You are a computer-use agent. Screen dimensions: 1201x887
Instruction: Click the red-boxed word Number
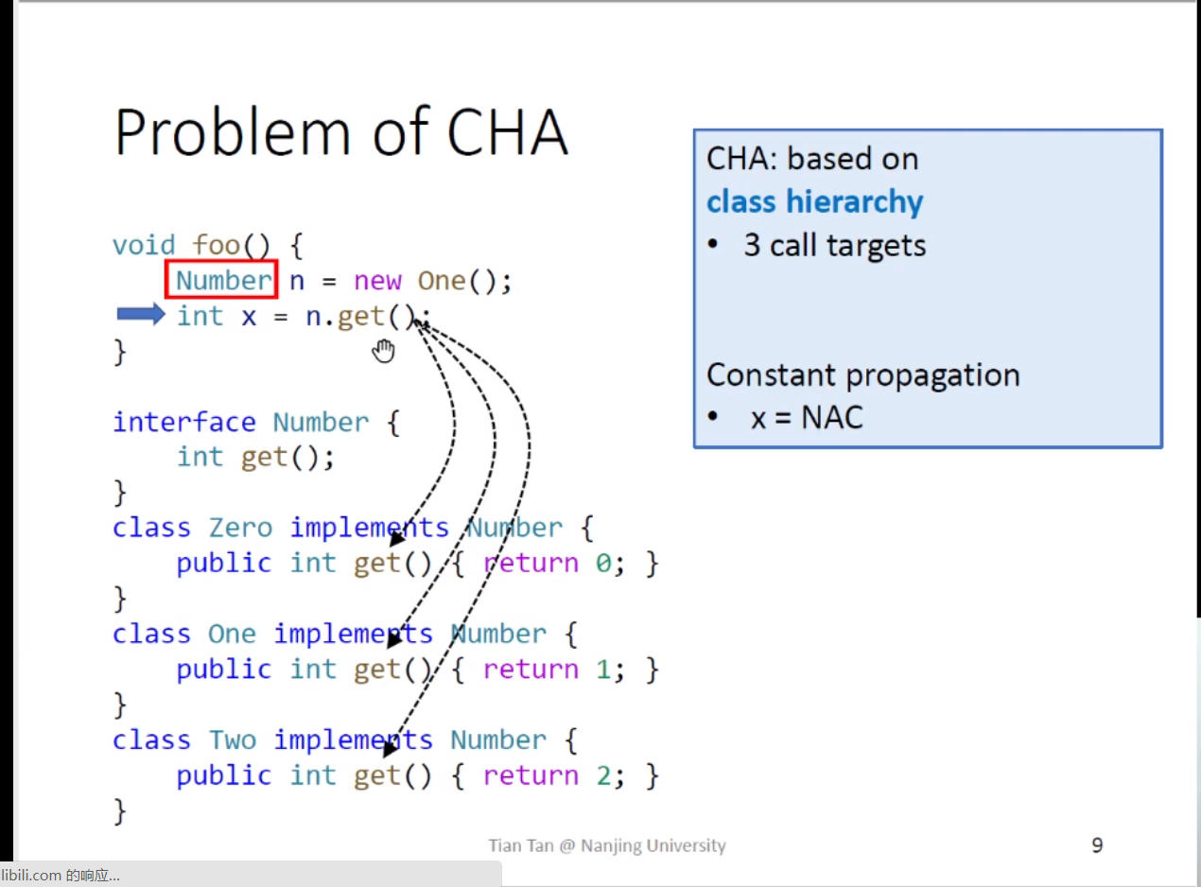(223, 281)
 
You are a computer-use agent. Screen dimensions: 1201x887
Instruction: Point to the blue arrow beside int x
(141, 314)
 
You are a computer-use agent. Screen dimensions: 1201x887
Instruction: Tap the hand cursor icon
(383, 351)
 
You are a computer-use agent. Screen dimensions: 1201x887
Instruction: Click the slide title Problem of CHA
(341, 132)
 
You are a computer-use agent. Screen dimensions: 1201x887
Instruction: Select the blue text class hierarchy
(814, 202)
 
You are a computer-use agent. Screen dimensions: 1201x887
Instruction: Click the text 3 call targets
(834, 245)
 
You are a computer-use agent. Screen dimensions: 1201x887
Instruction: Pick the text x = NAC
(807, 418)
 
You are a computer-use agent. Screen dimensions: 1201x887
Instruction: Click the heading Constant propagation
(863, 375)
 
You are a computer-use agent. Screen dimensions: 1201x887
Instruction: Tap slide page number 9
(1097, 844)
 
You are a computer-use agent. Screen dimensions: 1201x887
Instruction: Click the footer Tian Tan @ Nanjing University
(607, 845)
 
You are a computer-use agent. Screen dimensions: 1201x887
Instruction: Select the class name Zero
(240, 528)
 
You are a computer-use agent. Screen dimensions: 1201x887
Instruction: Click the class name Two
(233, 739)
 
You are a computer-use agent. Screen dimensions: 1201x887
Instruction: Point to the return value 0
(603, 564)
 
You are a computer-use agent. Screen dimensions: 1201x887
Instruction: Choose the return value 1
(603, 670)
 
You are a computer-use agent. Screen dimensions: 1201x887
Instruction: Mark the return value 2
(603, 775)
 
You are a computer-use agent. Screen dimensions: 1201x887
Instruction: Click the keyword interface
(183, 422)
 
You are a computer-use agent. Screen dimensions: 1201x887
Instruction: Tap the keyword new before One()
(377, 281)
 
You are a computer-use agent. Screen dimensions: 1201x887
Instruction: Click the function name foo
(216, 245)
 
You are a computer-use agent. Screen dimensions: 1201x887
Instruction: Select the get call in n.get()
(360, 317)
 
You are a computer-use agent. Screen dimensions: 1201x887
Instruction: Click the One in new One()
(442, 281)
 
